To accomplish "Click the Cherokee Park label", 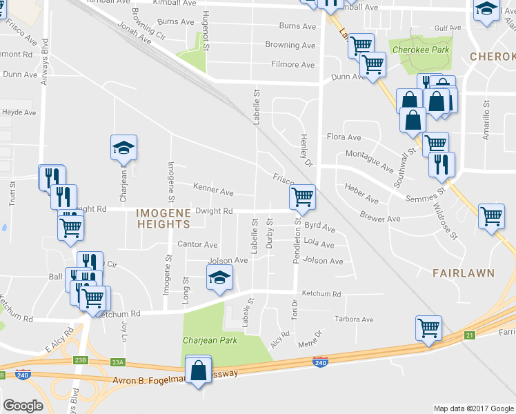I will tap(419, 50).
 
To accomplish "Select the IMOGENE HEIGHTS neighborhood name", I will tap(163, 218).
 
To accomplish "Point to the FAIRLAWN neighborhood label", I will tap(464, 273).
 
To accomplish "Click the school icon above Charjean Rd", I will tap(123, 148).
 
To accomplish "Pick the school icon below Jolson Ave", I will tap(220, 278).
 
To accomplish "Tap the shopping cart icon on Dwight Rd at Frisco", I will tap(302, 197).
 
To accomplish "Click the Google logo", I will tap(23, 406).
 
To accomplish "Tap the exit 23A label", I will tap(118, 362).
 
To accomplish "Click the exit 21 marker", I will tap(470, 335).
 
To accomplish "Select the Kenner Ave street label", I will tap(213, 190).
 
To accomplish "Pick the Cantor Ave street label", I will tap(198, 244).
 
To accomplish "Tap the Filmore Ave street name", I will tap(293, 65).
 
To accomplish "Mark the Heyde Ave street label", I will tap(19, 112).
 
